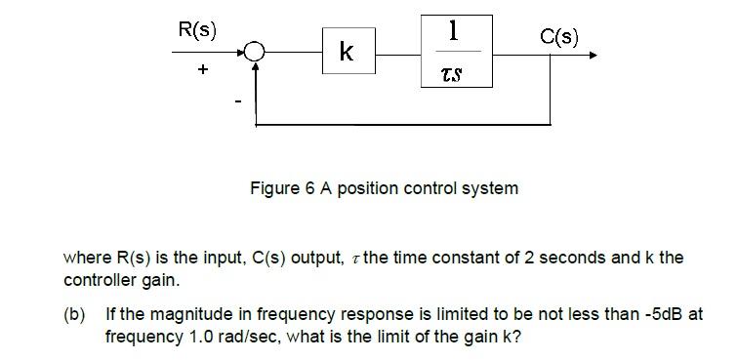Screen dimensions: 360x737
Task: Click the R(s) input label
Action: [x=197, y=29]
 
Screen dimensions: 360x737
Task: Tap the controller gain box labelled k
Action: [x=346, y=53]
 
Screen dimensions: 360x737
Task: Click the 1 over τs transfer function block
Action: [x=452, y=51]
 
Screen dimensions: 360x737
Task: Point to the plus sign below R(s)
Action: [x=203, y=71]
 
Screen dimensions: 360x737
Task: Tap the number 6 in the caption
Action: [x=309, y=188]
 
